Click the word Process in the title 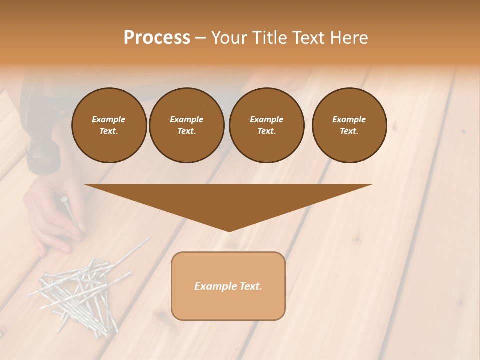pos(157,38)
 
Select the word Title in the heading pos(268,38)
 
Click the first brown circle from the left pos(109,125)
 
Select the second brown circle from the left pos(186,125)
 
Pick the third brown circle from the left pos(266,125)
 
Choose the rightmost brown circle pos(349,125)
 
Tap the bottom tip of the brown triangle pos(228,230)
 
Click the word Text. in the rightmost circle pos(349,131)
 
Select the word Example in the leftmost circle pos(109,119)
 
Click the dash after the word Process pos(200,38)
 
